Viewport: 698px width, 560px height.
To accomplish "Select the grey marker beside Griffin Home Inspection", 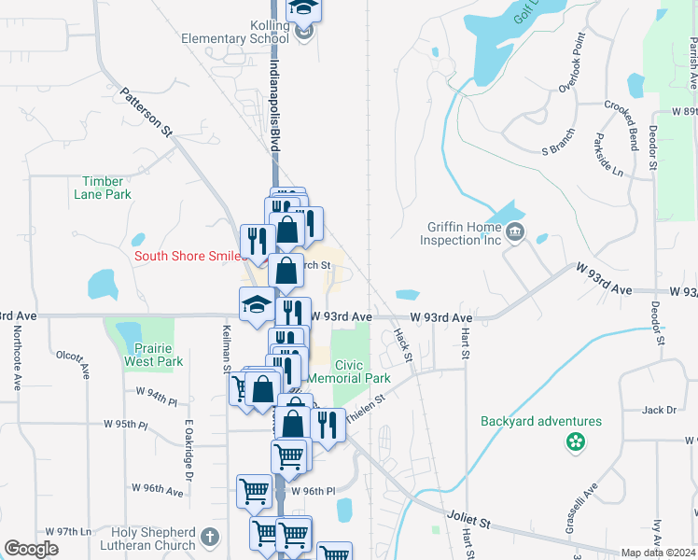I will pyautogui.click(x=514, y=231).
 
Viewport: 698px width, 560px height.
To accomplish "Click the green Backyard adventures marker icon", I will pyautogui.click(x=576, y=441).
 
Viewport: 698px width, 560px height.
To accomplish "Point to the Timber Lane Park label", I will pyautogui.click(x=106, y=188).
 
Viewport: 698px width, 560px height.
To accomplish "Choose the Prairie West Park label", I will pyautogui.click(x=153, y=354).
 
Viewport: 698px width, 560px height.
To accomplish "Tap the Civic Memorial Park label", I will pyautogui.click(x=362, y=371).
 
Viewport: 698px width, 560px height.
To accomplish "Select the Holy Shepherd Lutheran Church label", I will pyautogui.click(x=141, y=539).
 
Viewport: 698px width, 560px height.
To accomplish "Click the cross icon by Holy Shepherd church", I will pyautogui.click(x=210, y=539).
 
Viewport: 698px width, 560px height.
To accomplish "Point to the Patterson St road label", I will pyautogui.click(x=146, y=114).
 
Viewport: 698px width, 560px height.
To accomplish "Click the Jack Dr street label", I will pyautogui.click(x=658, y=410).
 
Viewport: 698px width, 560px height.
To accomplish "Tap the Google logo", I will pyautogui.click(x=32, y=548).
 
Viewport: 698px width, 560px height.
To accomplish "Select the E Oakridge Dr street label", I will pyautogui.click(x=188, y=450).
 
